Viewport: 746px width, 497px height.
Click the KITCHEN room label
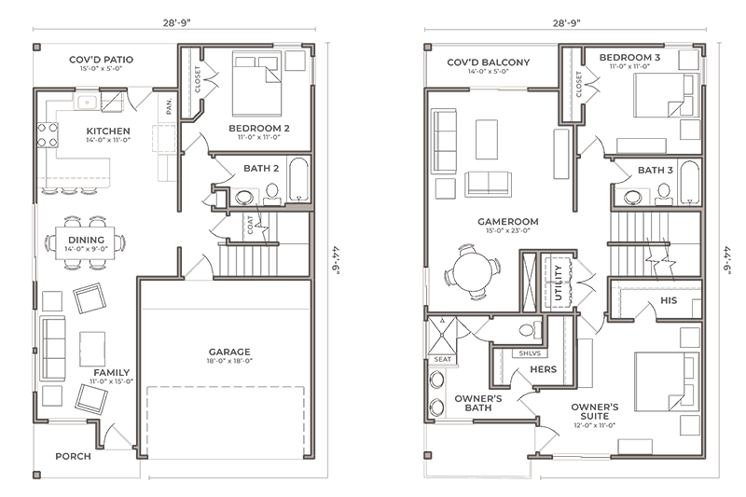pos(107,131)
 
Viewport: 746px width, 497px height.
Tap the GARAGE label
pos(228,352)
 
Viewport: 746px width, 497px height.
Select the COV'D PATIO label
pos(101,60)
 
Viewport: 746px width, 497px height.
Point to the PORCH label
pos(72,456)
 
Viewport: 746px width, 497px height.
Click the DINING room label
pos(86,240)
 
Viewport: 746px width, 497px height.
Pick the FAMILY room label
pos(110,373)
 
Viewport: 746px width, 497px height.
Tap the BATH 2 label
pos(262,169)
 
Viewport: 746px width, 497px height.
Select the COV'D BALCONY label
pos(489,63)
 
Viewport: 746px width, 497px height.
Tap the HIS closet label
pos(668,301)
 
